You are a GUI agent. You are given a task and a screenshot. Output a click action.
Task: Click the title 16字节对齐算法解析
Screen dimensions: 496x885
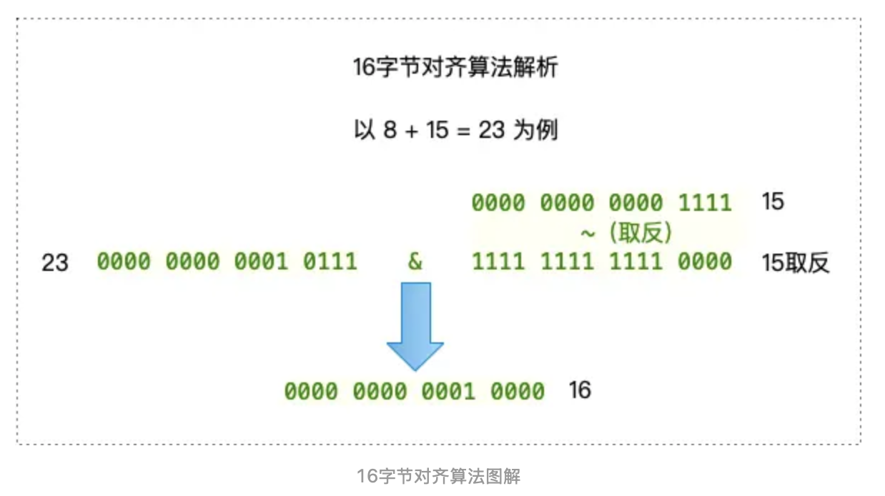point(455,68)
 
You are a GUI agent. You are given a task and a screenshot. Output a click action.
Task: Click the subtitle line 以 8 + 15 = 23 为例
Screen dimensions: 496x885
point(455,131)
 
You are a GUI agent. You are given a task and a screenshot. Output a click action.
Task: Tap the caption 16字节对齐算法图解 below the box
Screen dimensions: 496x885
point(439,476)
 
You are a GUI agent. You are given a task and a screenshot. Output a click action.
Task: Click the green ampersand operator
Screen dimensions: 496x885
point(415,262)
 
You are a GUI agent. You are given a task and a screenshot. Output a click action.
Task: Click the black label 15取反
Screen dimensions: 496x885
point(796,263)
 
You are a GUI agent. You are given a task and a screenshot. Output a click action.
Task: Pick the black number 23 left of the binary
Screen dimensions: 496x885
point(55,263)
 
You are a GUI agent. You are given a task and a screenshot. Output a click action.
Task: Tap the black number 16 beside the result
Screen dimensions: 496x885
point(580,390)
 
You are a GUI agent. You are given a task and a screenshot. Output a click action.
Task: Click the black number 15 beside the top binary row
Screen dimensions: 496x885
point(773,202)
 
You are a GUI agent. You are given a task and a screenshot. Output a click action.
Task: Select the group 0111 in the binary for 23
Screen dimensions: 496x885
point(330,262)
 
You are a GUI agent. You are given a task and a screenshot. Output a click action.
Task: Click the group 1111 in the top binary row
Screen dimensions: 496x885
point(705,203)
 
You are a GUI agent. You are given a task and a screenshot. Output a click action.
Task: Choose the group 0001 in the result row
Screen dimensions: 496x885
point(448,392)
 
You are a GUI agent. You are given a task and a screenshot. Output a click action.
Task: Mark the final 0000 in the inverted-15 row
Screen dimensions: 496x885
point(705,262)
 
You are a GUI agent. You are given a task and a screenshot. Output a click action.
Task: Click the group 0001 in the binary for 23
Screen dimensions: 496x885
point(261,262)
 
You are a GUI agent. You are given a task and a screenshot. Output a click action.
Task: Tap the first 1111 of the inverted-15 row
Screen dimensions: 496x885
point(498,262)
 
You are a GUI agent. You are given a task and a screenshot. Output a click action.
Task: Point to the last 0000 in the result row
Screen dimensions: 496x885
point(517,392)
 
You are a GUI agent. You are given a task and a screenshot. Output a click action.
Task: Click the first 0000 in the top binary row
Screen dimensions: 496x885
point(498,203)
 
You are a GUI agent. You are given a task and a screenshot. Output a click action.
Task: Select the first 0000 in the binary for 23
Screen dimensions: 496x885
point(124,262)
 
